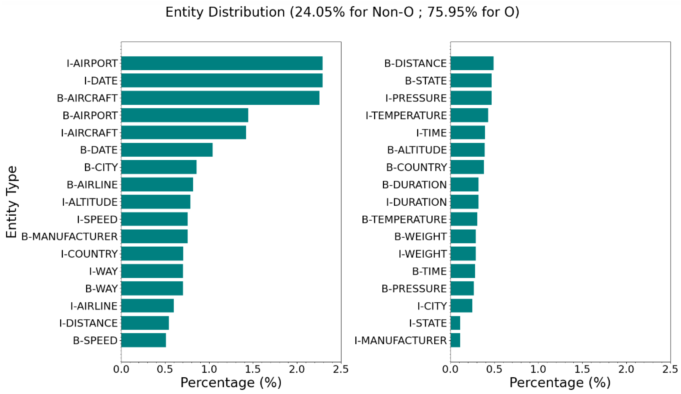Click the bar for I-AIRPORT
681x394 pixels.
(x=222, y=63)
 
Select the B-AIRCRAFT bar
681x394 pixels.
(x=220, y=98)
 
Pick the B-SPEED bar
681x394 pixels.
(x=144, y=340)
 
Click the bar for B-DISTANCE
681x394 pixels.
(x=472, y=63)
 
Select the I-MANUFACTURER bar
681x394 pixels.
(x=455, y=340)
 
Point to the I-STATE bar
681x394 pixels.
(x=455, y=323)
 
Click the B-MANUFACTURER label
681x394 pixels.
(x=69, y=236)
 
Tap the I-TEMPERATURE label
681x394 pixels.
(x=406, y=116)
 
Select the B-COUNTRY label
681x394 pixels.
(x=416, y=167)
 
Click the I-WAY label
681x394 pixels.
(x=103, y=271)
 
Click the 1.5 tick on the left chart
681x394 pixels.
(x=253, y=369)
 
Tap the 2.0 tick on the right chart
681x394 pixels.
(x=626, y=369)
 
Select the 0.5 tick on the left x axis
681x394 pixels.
(x=165, y=369)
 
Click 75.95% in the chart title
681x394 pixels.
(x=452, y=12)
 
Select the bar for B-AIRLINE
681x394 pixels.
(x=157, y=184)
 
